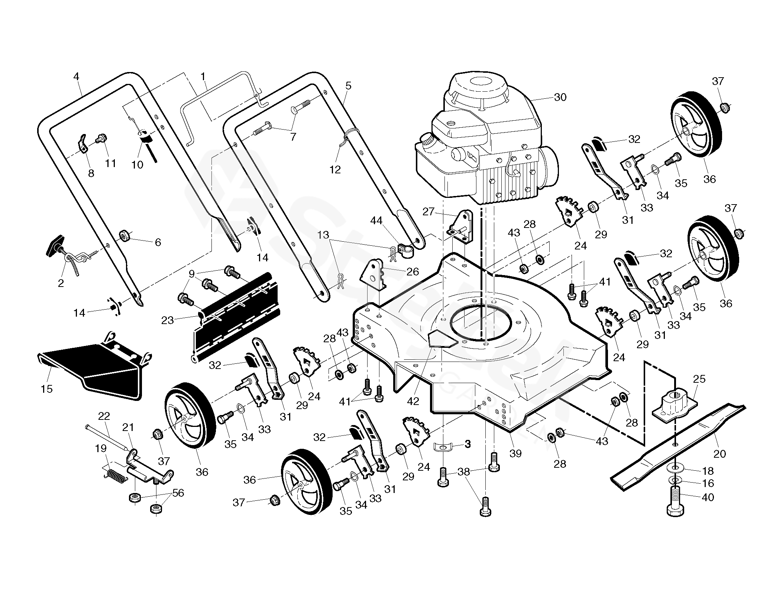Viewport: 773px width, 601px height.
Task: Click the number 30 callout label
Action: click(560, 97)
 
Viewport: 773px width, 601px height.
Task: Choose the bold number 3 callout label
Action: click(468, 444)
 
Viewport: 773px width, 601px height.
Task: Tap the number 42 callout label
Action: click(413, 401)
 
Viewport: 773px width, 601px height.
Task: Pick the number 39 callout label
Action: click(515, 453)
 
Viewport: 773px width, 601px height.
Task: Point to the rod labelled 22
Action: click(108, 438)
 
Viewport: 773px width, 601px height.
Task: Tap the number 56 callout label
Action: click(178, 493)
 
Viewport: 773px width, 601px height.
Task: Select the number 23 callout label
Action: click(168, 320)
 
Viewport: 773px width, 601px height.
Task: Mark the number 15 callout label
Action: click(47, 389)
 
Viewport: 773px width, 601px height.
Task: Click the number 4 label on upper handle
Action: click(76, 77)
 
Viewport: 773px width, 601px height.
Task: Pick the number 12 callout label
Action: click(335, 170)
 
